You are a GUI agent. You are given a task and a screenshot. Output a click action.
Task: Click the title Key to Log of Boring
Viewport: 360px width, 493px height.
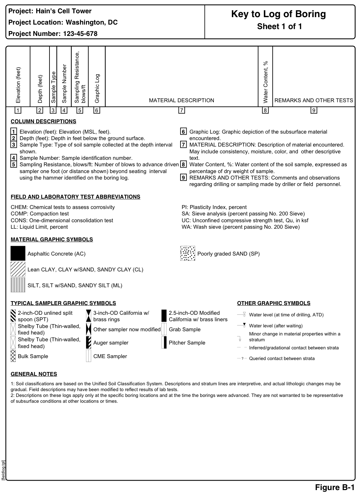point(278,14)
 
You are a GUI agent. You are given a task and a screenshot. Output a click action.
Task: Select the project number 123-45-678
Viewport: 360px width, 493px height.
point(80,34)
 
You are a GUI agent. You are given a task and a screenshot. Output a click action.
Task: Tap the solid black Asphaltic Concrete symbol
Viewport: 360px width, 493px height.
point(18,253)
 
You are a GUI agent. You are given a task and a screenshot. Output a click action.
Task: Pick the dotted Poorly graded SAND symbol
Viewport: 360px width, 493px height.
point(188,253)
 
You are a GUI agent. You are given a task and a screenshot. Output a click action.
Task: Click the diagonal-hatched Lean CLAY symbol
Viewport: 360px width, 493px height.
point(18,269)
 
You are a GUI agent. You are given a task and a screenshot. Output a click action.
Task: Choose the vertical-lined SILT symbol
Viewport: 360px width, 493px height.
point(18,285)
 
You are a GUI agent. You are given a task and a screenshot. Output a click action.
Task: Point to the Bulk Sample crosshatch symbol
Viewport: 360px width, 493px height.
point(13,356)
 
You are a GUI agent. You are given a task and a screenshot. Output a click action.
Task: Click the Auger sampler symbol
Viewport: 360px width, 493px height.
point(88,343)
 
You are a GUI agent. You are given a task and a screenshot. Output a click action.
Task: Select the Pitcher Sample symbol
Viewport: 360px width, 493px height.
point(164,343)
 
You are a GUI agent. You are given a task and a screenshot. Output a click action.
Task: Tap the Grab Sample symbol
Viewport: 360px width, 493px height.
point(164,329)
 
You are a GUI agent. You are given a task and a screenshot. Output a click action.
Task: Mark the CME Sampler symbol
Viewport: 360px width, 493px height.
point(88,356)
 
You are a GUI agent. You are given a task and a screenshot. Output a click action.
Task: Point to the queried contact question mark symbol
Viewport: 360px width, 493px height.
point(242,358)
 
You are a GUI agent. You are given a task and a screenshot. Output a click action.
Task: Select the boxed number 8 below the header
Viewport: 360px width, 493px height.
point(265,111)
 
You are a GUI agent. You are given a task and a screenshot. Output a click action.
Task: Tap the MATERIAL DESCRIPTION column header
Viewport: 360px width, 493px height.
point(181,100)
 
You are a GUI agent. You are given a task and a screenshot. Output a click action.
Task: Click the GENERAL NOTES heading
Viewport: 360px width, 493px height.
point(34,374)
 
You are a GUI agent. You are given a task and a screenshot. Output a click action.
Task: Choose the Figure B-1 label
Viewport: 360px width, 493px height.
point(335,487)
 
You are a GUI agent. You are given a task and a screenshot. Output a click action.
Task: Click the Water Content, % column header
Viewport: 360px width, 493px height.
point(266,82)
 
